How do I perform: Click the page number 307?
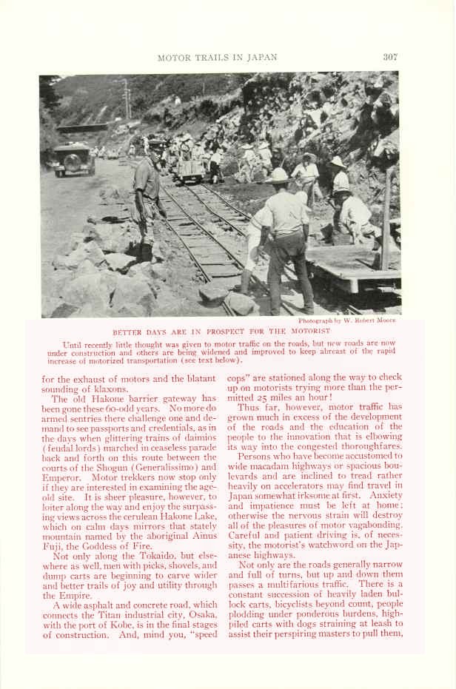(390, 57)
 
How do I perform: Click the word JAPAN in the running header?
(260, 58)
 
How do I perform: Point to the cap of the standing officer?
(157, 146)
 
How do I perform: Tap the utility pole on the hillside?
(127, 100)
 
